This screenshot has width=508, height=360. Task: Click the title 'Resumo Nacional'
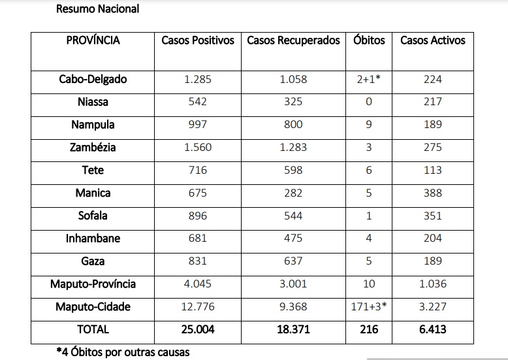(97, 9)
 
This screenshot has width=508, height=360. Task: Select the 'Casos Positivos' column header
(198, 41)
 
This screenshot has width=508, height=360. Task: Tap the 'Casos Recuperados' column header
(294, 41)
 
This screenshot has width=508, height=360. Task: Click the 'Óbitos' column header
(369, 41)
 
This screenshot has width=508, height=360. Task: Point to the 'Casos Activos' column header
(432, 41)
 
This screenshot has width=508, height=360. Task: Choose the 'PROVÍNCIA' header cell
(93, 41)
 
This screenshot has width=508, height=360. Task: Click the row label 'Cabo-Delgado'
(93, 79)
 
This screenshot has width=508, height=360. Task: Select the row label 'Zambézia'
(93, 148)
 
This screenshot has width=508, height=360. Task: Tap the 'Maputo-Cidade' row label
(93, 307)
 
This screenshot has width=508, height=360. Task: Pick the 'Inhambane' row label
(93, 238)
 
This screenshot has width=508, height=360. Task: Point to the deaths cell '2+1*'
(369, 79)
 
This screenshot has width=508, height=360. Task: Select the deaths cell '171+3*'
(369, 307)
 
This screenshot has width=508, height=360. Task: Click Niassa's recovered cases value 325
(294, 102)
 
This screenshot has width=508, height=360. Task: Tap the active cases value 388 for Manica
(432, 193)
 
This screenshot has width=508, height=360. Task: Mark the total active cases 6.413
(432, 329)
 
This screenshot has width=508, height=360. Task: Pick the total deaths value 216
(369, 329)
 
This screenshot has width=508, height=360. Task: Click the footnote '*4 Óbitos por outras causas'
(123, 352)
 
